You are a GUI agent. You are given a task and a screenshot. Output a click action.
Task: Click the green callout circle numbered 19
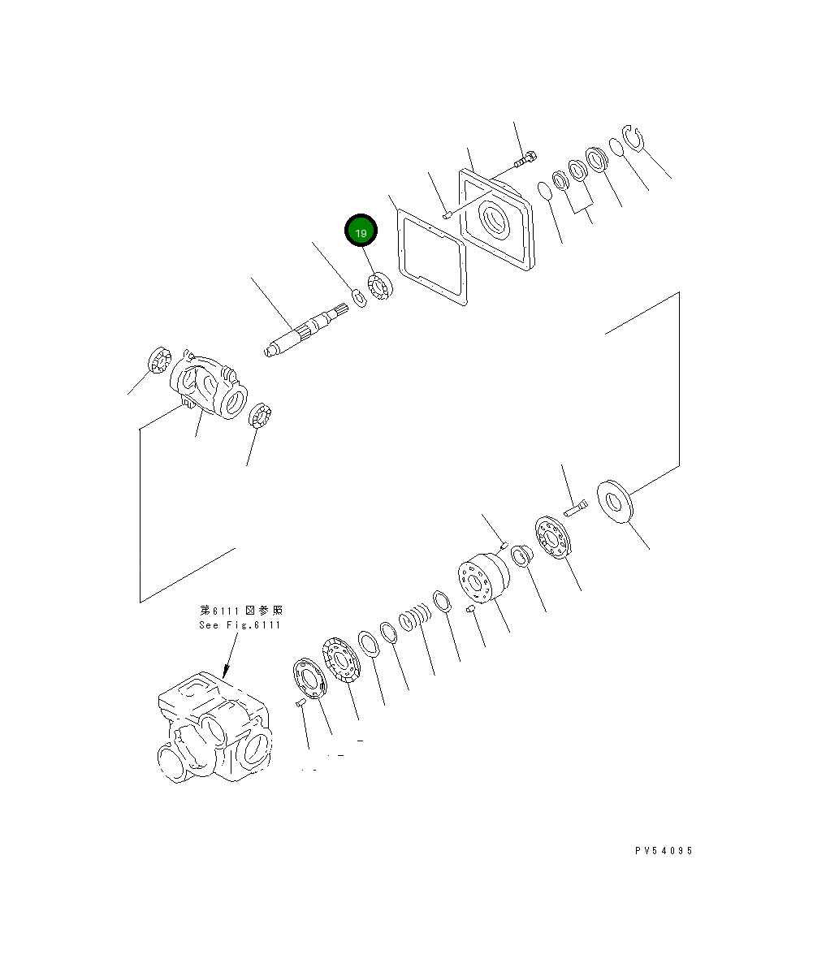pos(361,231)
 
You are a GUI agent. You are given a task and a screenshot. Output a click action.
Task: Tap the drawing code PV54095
pos(664,851)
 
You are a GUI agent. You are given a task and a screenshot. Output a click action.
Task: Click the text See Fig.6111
pos(240,624)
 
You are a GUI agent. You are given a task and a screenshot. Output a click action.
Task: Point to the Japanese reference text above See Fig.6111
pos(241,610)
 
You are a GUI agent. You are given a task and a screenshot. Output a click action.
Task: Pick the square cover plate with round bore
pos(495,219)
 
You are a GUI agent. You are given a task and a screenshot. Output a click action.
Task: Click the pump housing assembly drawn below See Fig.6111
pos(214,727)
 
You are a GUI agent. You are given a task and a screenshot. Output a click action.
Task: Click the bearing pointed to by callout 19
pos(380,288)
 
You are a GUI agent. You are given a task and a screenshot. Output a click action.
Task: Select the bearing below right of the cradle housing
pos(261,417)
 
